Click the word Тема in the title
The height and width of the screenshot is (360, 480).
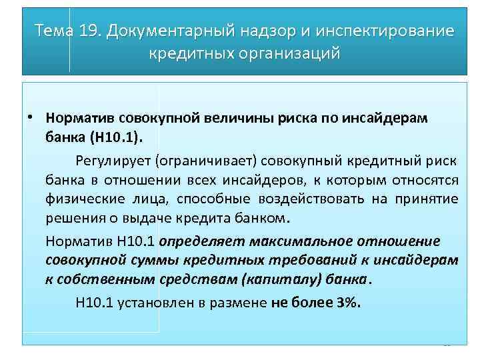tap(55, 31)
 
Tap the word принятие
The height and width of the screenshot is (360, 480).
tap(427, 199)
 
